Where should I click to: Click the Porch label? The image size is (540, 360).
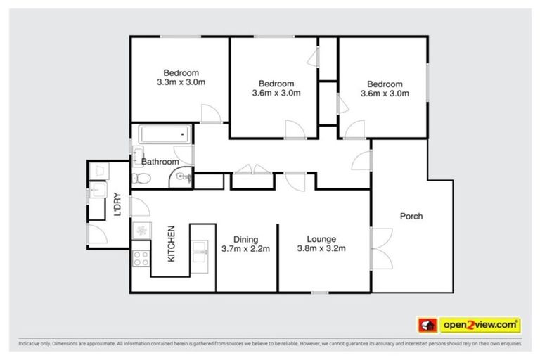click(x=411, y=216)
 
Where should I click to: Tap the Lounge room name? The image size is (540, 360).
click(x=321, y=238)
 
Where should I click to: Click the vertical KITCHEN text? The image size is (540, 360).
click(x=171, y=243)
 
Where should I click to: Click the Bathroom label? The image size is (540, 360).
click(x=160, y=162)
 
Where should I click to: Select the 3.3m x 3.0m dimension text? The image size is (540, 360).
click(x=181, y=82)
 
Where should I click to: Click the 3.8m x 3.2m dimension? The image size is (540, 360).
click(x=321, y=248)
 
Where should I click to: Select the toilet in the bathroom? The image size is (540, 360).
click(x=141, y=179)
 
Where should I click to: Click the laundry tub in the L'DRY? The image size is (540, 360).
click(x=97, y=190)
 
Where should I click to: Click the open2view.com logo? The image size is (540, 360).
click(x=480, y=325)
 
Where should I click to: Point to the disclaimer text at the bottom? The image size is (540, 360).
click(x=270, y=344)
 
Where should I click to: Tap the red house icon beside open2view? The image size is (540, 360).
click(x=427, y=325)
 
